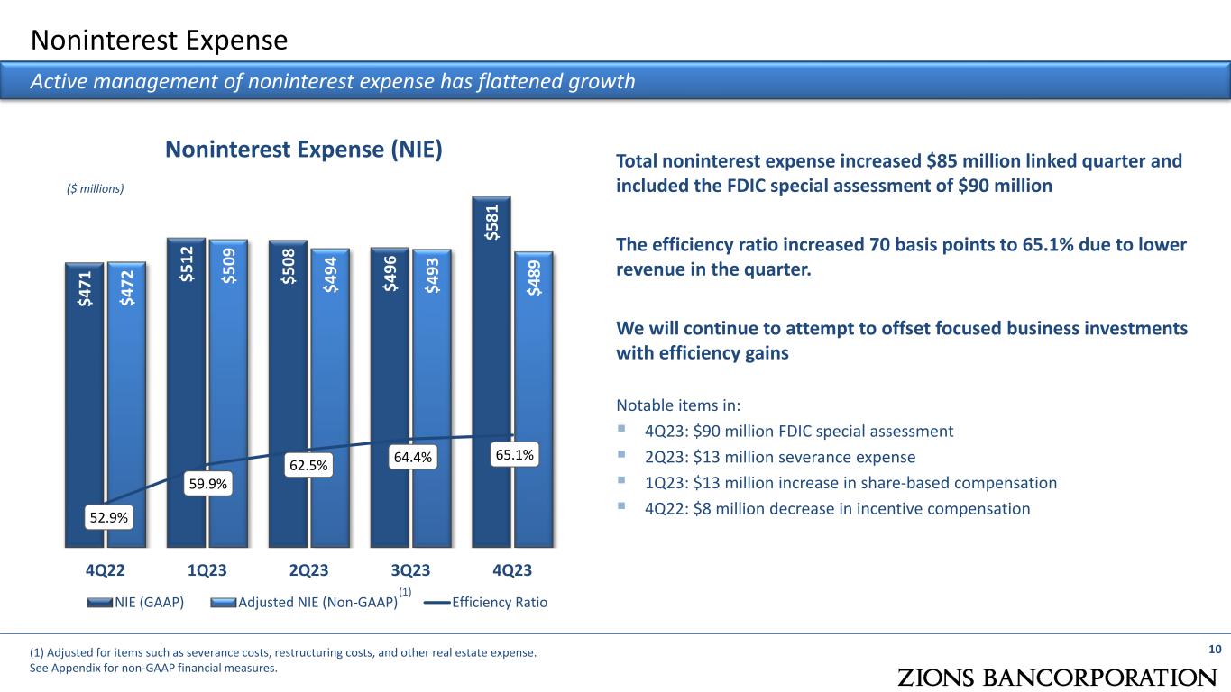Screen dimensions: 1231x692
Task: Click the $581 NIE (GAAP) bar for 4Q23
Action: (491, 372)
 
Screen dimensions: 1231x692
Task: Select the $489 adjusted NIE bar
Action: (534, 400)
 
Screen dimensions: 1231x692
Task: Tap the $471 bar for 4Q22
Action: (84, 405)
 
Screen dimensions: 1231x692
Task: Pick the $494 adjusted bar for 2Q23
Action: (330, 398)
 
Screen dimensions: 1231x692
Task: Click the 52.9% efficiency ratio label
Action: (109, 517)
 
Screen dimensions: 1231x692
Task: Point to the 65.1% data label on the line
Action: (514, 455)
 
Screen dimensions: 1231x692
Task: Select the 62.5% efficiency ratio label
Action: (308, 465)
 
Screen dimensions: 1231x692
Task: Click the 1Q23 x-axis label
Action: (207, 570)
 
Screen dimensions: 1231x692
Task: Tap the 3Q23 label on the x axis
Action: (410, 570)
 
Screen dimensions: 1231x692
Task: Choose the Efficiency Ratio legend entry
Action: (486, 603)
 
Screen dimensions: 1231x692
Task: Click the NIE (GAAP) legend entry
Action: (135, 603)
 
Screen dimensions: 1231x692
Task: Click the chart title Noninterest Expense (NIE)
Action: (304, 150)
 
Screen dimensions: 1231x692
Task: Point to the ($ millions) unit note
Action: (95, 189)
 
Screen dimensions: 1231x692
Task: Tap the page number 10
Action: (1215, 650)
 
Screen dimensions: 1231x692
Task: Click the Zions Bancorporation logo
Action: (1057, 678)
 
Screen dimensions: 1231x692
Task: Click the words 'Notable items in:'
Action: (678, 405)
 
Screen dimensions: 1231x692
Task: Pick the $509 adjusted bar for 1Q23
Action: (228, 394)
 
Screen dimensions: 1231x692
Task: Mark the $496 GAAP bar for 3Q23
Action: (390, 397)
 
